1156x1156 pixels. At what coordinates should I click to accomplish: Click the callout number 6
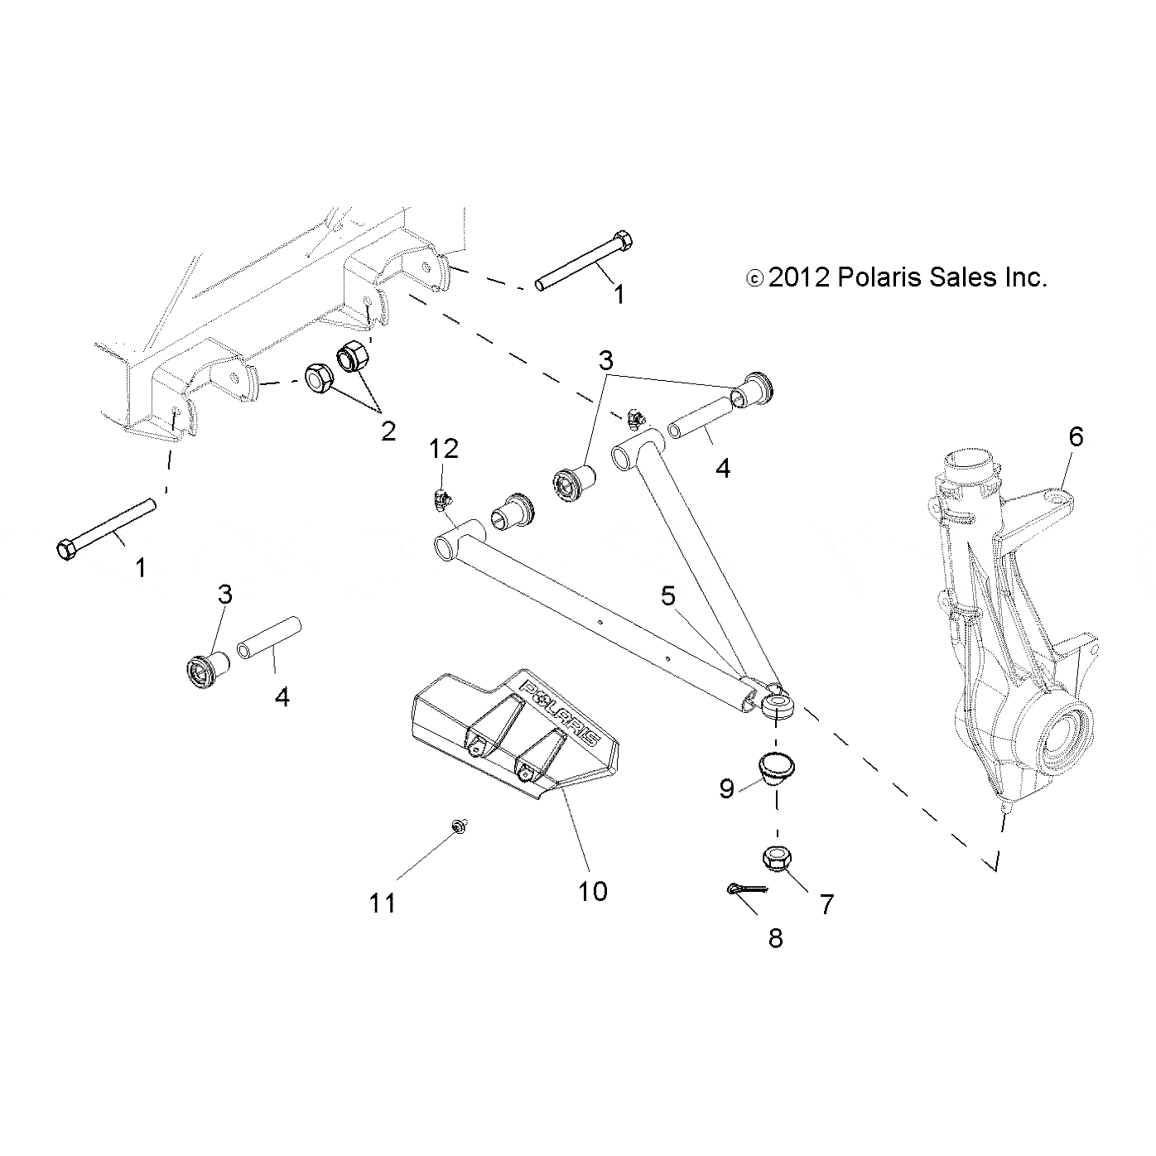click(x=1075, y=436)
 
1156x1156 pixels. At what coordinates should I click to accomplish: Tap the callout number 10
click(x=594, y=891)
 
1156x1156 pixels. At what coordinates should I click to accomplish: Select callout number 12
click(x=444, y=449)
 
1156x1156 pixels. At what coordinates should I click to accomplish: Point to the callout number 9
click(x=726, y=789)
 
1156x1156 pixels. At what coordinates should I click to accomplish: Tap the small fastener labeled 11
click(x=457, y=825)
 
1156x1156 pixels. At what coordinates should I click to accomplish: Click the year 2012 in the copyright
click(x=798, y=277)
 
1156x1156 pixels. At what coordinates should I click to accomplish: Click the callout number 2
click(x=388, y=431)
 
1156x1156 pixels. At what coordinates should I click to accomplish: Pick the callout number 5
click(x=667, y=595)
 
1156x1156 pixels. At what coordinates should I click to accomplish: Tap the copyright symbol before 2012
click(x=754, y=278)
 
